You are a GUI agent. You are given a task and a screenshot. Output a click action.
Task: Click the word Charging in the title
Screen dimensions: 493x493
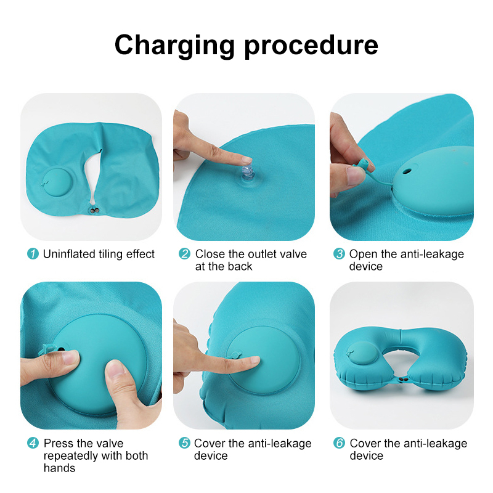(174, 46)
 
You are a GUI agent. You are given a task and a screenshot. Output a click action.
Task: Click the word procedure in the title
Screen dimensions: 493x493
(311, 46)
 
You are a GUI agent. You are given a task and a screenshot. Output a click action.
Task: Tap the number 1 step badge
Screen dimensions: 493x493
(33, 254)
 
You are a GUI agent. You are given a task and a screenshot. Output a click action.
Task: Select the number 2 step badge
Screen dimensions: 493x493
(184, 254)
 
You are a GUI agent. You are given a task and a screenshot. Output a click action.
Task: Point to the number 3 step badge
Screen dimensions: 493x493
(339, 254)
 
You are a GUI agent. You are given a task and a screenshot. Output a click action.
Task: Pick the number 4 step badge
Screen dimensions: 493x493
(33, 443)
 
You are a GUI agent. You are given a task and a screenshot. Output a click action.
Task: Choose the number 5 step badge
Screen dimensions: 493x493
(184, 443)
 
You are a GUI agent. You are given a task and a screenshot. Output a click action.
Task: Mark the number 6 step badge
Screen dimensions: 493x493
(339, 443)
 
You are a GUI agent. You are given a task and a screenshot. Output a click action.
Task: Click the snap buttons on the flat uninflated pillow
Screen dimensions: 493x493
(94, 210)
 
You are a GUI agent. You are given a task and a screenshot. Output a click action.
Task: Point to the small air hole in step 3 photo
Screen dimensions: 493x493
(407, 172)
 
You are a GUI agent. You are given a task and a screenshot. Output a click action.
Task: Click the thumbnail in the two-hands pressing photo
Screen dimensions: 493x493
(115, 370)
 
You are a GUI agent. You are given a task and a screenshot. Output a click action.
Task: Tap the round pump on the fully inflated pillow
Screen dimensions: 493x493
(363, 353)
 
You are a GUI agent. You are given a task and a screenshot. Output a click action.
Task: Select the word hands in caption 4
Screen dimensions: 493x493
(59, 468)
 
